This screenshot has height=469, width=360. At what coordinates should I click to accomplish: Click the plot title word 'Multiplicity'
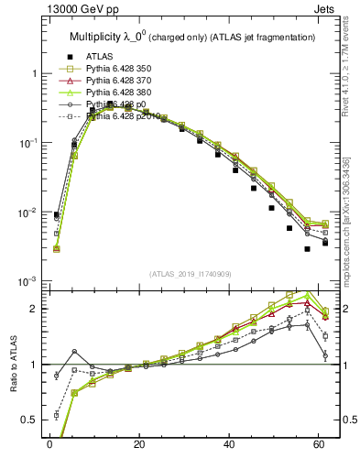(96, 37)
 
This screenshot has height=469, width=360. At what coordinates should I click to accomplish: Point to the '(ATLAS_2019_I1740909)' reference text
(190, 274)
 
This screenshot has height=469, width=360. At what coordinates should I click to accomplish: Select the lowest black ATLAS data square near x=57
(307, 249)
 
